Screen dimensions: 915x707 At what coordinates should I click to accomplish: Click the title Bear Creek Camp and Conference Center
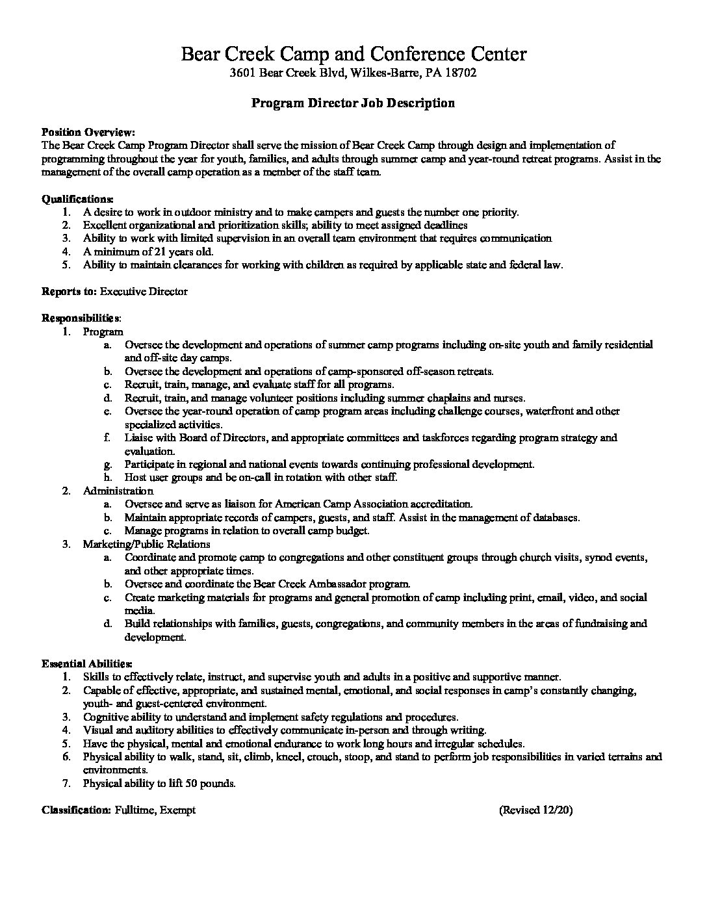click(x=353, y=54)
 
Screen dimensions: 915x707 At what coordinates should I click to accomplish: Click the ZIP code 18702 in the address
click(x=463, y=73)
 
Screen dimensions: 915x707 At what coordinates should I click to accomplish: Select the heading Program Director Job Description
click(x=353, y=103)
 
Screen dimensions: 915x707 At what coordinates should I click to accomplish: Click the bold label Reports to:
click(x=69, y=291)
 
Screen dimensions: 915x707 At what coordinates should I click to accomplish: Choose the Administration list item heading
click(x=118, y=491)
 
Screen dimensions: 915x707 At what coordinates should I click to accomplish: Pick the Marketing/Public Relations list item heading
click(x=146, y=544)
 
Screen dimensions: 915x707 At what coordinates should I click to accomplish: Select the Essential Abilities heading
click(x=87, y=664)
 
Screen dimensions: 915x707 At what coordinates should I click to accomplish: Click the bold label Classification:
click(x=76, y=810)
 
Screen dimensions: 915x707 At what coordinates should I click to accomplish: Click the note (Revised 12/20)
click(x=536, y=810)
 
